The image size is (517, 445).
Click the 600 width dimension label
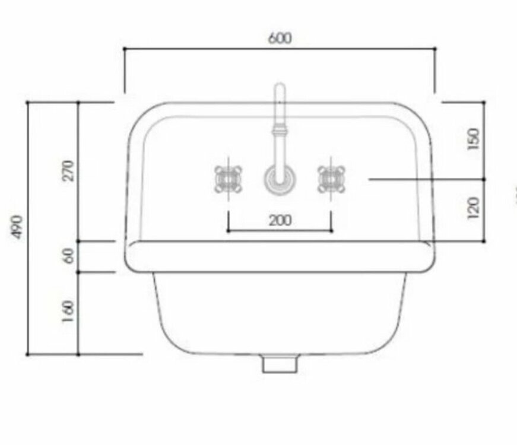pyautogui.click(x=280, y=38)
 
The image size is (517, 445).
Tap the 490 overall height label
pyautogui.click(x=17, y=227)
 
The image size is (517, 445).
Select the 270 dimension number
pyautogui.click(x=68, y=170)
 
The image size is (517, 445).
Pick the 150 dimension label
pyautogui.click(x=473, y=139)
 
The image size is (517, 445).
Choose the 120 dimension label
pyautogui.click(x=473, y=208)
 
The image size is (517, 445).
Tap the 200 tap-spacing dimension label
pyautogui.click(x=280, y=221)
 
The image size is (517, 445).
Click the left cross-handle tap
pyautogui.click(x=228, y=179)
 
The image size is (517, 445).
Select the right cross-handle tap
pyautogui.click(x=331, y=179)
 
